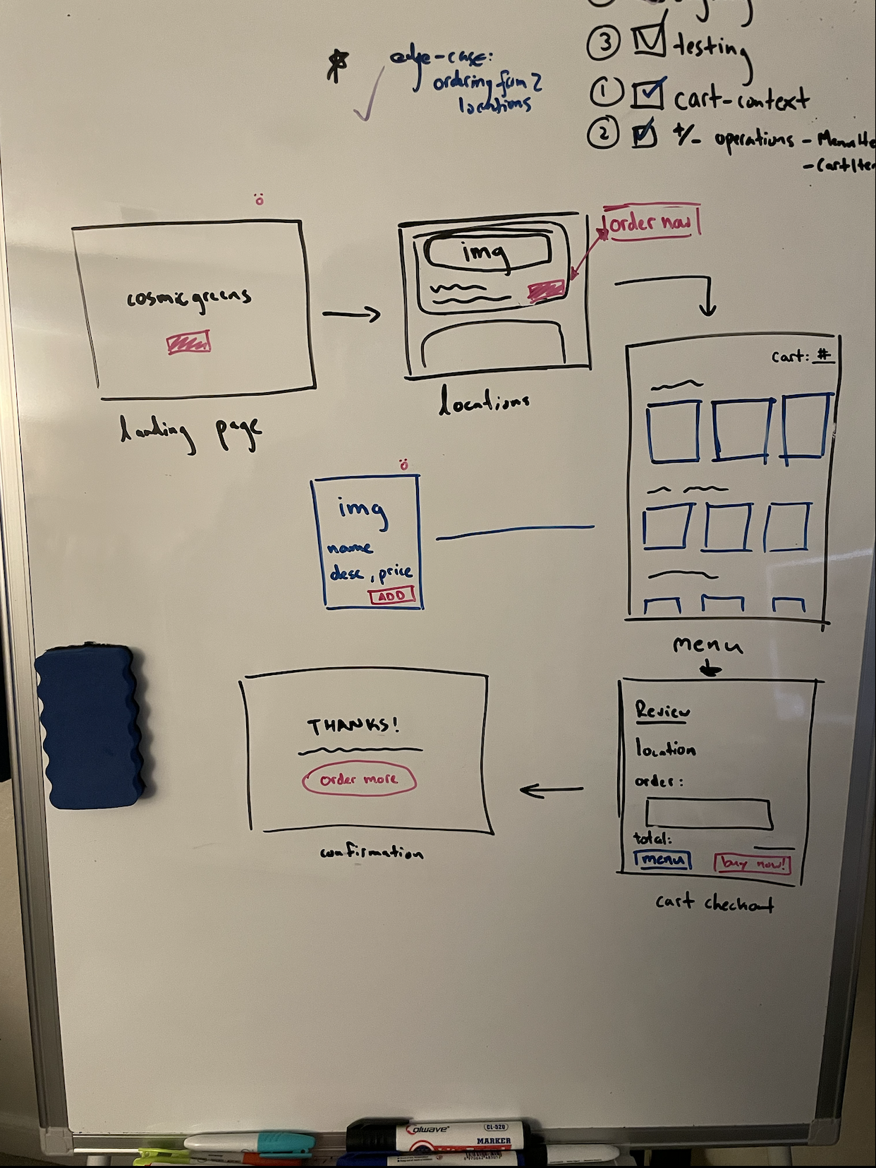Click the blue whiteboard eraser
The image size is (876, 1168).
pyautogui.click(x=90, y=726)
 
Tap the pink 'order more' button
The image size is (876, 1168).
pyautogui.click(x=359, y=780)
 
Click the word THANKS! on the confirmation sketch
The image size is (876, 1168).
pyautogui.click(x=353, y=725)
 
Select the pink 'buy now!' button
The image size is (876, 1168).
pyautogui.click(x=752, y=863)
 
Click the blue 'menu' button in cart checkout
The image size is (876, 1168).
pyautogui.click(x=662, y=860)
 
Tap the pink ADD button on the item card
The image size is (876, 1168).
pyautogui.click(x=391, y=596)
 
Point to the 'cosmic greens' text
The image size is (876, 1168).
pyautogui.click(x=189, y=298)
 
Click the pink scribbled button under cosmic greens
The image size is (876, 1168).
pyautogui.click(x=188, y=343)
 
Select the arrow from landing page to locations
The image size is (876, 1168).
pyautogui.click(x=351, y=314)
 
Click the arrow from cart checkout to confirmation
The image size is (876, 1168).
pyautogui.click(x=551, y=790)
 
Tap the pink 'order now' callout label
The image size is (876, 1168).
pyautogui.click(x=650, y=224)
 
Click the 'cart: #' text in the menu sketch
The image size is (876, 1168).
pyautogui.click(x=802, y=356)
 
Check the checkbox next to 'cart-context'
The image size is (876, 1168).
pyautogui.click(x=647, y=95)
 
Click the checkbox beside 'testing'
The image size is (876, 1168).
pyautogui.click(x=648, y=40)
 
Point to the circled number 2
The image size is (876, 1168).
pyautogui.click(x=603, y=133)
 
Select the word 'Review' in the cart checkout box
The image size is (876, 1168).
pyautogui.click(x=662, y=711)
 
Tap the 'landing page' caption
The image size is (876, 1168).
pyautogui.click(x=190, y=432)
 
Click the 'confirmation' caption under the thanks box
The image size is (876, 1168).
pyautogui.click(x=372, y=853)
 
